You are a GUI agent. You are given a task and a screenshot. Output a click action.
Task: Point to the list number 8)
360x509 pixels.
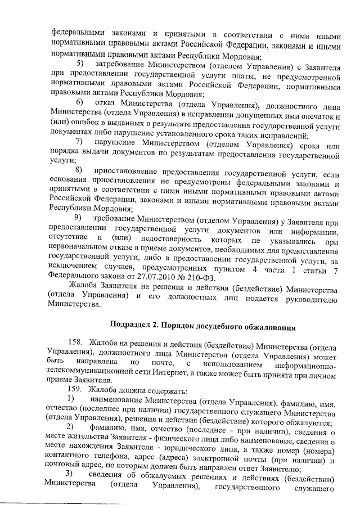(78, 170)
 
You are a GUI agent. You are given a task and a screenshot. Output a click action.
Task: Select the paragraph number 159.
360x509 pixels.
(74, 390)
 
